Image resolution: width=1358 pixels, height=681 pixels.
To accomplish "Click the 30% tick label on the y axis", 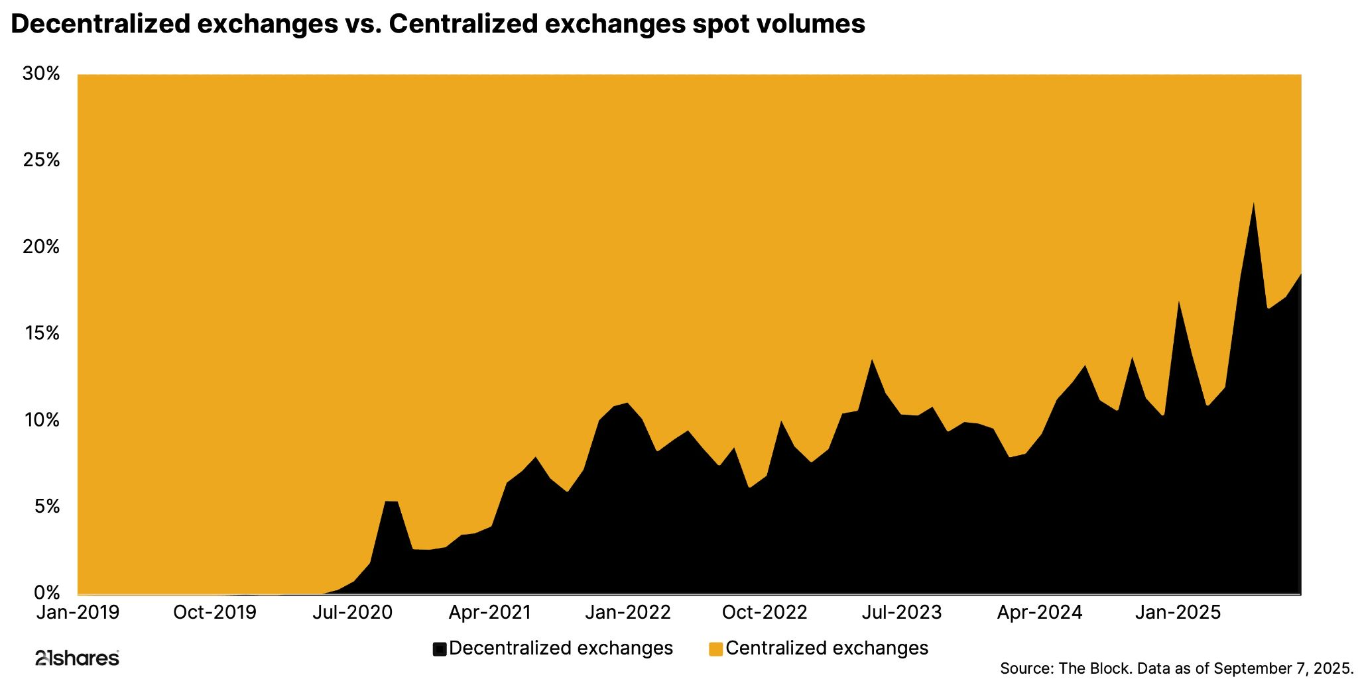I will click(41, 74).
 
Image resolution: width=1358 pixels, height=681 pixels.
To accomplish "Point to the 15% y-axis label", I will click(41, 333).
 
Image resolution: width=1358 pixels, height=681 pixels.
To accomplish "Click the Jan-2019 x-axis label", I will click(78, 613).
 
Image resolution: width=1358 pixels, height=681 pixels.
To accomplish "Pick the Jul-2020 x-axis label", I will click(352, 613).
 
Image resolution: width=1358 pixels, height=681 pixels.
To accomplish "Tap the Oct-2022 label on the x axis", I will click(764, 613).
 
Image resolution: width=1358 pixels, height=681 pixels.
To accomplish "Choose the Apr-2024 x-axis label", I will click(1039, 613).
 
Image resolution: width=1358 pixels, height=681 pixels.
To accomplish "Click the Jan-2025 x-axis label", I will click(1177, 613).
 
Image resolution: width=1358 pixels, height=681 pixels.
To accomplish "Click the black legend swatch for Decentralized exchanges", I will click(439, 649).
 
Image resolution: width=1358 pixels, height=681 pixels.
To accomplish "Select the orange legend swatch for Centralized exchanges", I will click(715, 649).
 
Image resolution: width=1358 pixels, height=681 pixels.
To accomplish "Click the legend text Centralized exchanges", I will click(827, 648).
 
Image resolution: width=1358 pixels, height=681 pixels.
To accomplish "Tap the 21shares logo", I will click(77, 658).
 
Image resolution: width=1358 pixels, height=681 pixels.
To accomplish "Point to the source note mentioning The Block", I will click(1176, 668).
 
